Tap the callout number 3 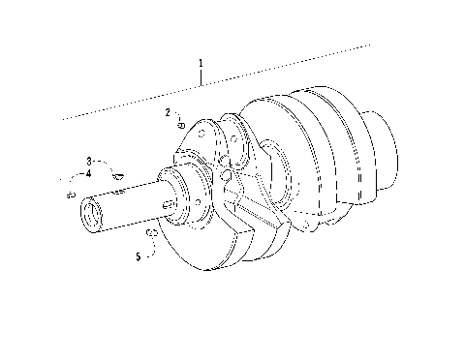[89, 161]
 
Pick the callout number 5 [139, 256]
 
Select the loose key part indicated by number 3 [116, 175]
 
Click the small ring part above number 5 [151, 235]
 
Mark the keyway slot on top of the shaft [121, 192]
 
